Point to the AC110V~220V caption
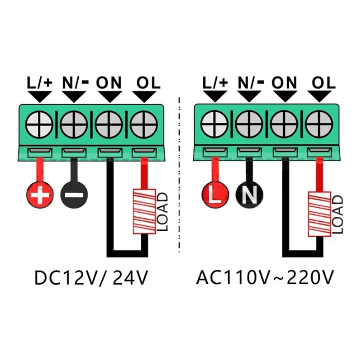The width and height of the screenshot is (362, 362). coord(266,277)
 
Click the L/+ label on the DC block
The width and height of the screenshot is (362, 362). coord(40,82)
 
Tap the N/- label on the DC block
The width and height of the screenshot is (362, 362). coord(76,82)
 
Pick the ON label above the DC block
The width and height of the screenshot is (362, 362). coord(110,82)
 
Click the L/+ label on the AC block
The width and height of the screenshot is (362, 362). coord(215,82)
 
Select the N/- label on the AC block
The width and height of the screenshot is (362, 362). coord(250,82)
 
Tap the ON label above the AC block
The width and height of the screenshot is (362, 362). coord(284,82)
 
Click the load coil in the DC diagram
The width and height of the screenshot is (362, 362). coord(144,211)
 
